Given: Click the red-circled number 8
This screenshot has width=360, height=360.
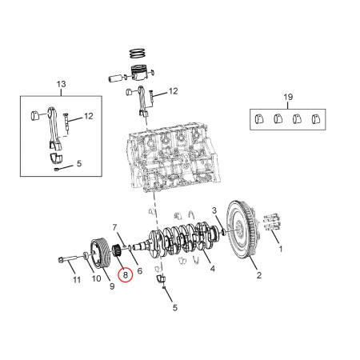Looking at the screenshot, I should (x=125, y=275).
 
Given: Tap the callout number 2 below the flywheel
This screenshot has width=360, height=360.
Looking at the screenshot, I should (x=258, y=276).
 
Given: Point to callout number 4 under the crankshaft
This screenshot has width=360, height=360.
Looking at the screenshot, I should (x=211, y=270).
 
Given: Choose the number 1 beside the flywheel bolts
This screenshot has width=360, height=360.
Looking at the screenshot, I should (x=280, y=249).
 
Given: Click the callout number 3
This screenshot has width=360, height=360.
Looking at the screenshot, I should (x=214, y=210).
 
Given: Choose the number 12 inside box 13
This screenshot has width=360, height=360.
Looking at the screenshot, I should (x=89, y=116).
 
